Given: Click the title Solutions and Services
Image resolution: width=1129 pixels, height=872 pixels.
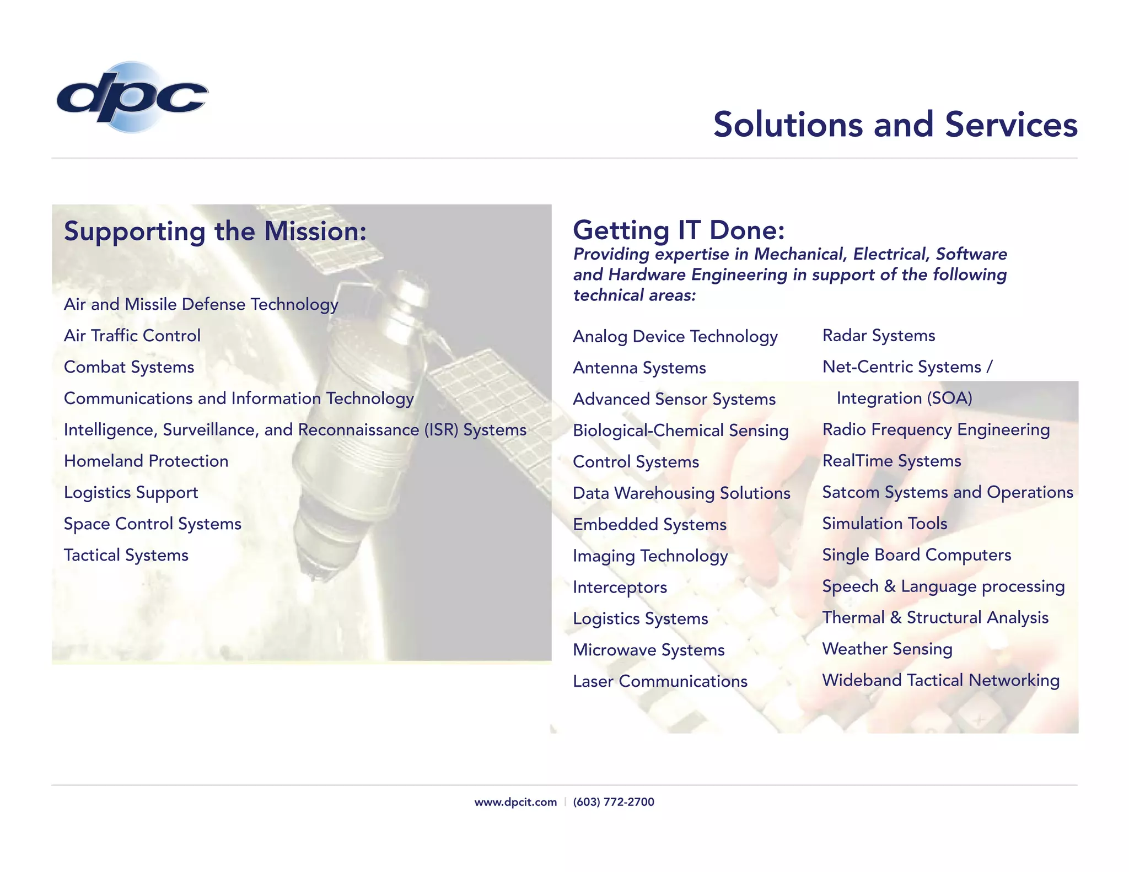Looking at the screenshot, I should pyautogui.click(x=895, y=125).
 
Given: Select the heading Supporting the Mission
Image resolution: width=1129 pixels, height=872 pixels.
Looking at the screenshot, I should pyautogui.click(x=215, y=231).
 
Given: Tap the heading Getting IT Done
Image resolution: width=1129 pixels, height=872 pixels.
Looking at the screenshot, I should pyautogui.click(x=679, y=230).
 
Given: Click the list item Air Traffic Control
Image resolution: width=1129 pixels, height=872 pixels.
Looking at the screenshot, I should pyautogui.click(x=132, y=336).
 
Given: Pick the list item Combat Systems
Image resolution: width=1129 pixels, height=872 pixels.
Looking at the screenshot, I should pyautogui.click(x=129, y=367).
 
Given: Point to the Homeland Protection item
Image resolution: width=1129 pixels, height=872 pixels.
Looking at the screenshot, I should pyautogui.click(x=146, y=461).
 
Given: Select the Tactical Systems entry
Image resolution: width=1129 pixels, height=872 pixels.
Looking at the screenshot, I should pyautogui.click(x=126, y=555).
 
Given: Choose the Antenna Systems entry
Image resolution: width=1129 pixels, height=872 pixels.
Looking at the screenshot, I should pyautogui.click(x=639, y=368).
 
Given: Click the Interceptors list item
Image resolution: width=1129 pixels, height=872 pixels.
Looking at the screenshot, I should pyautogui.click(x=620, y=588).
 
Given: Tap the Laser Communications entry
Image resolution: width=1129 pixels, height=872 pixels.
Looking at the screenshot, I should pyautogui.click(x=660, y=681).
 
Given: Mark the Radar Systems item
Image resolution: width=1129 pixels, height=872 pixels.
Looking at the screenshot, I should pyautogui.click(x=879, y=336).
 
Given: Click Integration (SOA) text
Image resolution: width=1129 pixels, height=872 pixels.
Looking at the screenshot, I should pyautogui.click(x=904, y=399).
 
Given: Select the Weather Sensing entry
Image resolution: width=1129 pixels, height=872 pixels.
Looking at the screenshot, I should pyautogui.click(x=887, y=649).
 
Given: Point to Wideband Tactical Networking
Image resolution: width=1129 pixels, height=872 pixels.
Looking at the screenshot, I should pyautogui.click(x=940, y=680).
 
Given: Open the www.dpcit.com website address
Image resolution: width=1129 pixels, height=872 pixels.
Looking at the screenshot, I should pyautogui.click(x=515, y=802).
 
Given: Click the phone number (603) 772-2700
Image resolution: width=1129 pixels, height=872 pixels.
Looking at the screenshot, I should pyautogui.click(x=614, y=802).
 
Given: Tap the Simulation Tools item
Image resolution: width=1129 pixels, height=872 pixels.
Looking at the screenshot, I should pyautogui.click(x=885, y=524).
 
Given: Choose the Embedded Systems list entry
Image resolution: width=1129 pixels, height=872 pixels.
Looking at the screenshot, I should pyautogui.click(x=649, y=525).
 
